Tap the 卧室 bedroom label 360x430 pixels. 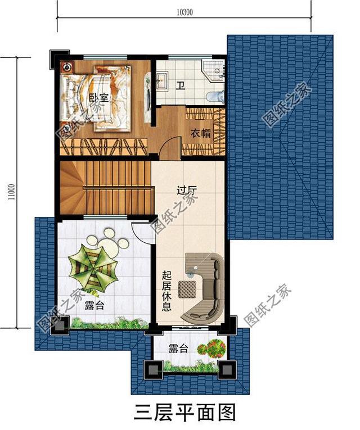point(99,97)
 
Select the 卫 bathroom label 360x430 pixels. point(181,86)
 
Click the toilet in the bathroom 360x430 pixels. point(214,96)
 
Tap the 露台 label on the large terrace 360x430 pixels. point(94,306)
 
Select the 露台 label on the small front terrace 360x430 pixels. point(178,348)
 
